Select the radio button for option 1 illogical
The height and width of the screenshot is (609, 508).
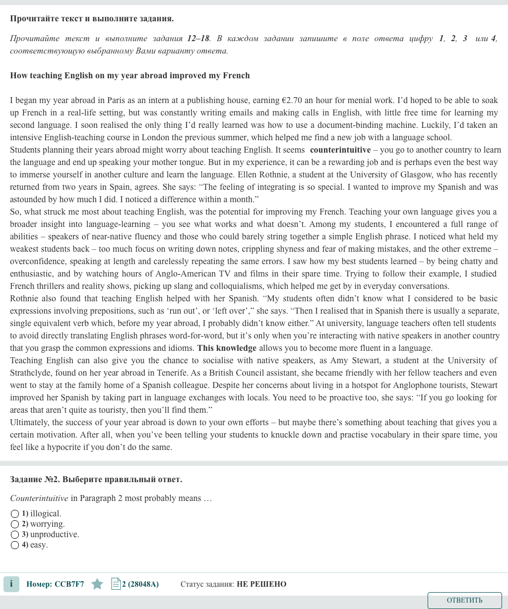coord(15,514)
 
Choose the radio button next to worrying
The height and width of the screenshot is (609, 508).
coord(15,524)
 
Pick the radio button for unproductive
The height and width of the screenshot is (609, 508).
coord(15,535)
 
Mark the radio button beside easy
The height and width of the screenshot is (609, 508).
coord(15,545)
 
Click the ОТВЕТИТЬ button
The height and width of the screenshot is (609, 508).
coord(464,600)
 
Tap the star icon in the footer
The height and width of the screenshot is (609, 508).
coord(97,584)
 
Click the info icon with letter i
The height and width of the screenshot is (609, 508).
coord(11,584)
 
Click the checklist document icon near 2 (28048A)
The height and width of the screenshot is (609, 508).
coord(116,584)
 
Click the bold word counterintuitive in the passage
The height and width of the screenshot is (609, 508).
coord(340,150)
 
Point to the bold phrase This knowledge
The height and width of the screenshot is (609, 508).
coord(227,348)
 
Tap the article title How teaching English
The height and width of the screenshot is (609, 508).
coord(130,75)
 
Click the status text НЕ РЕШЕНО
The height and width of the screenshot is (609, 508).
coord(261,584)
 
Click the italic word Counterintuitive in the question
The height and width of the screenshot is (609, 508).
coord(39,498)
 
